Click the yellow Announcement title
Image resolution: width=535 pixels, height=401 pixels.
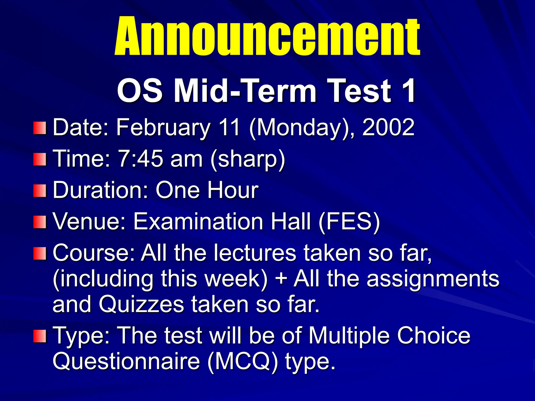(267, 37)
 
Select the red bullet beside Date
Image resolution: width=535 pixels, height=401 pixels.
(40, 128)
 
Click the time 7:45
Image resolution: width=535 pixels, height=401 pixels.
(141, 159)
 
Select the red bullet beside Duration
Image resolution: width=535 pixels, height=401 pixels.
(40, 191)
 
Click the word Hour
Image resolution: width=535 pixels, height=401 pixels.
(232, 190)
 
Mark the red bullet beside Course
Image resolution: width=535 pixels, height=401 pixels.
(40, 254)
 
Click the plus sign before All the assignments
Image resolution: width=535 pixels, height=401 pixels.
(281, 279)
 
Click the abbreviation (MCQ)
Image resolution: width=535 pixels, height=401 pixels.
(243, 362)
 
